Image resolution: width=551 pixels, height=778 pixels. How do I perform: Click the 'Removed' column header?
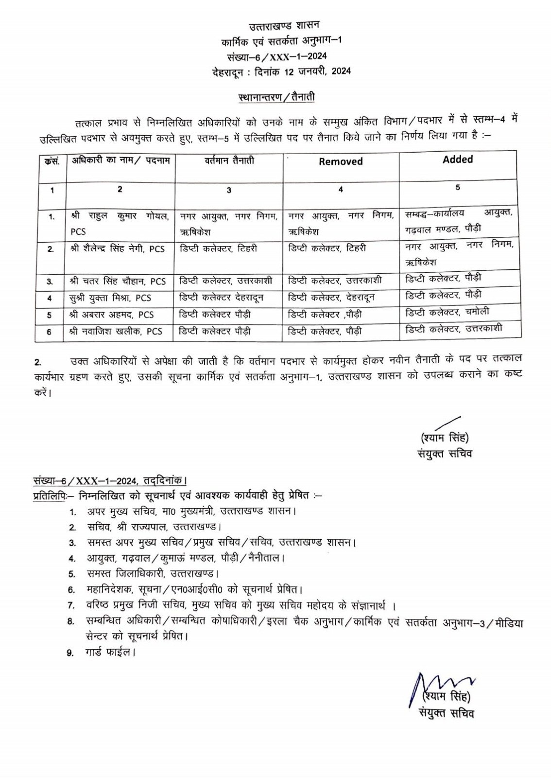pos(341,161)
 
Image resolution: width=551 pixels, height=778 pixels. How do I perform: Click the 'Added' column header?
pos(458,159)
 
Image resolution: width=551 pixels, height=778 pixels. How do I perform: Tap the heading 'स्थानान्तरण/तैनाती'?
pos(277,97)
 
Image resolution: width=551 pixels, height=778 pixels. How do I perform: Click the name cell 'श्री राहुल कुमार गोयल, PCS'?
pos(120,224)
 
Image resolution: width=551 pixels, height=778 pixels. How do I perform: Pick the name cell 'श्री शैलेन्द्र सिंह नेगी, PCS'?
pos(117,248)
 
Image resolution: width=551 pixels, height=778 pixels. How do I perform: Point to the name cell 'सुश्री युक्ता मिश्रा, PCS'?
pos(110,298)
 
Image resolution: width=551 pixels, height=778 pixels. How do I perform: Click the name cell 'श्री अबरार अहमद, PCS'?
pos(111,315)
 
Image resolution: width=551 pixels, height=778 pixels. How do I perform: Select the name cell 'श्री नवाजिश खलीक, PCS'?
pos(115,332)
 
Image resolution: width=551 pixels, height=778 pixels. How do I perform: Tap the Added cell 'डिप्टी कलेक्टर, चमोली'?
pos(447,312)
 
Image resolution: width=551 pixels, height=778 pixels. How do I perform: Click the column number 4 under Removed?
pos(341,190)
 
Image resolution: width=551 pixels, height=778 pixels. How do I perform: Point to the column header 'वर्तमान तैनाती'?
pos(229,160)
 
